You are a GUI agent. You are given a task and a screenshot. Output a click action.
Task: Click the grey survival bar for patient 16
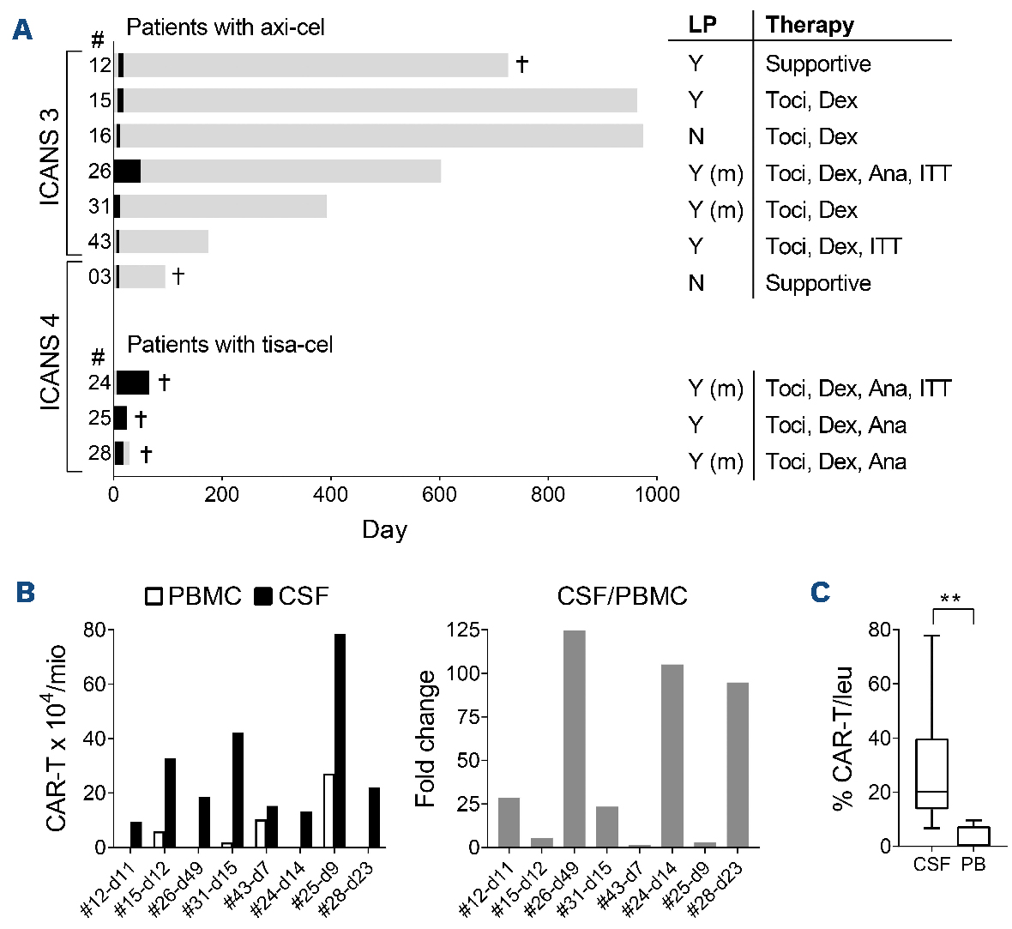pos(382,136)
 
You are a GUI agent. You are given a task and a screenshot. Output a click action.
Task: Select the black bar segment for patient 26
pos(128,172)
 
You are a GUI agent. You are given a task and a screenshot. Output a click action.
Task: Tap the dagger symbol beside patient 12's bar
pos(521,64)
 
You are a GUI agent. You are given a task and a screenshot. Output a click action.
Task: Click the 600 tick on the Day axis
pos(439,495)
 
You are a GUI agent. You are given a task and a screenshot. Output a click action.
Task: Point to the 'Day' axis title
pos(384,529)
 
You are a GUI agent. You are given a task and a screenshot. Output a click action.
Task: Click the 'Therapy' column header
pos(810,24)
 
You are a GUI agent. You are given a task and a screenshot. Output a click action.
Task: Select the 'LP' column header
pos(703,24)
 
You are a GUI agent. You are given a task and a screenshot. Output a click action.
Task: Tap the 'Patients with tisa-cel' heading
pos(230,345)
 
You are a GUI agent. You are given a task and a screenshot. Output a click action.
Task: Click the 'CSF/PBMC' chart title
pos(622,595)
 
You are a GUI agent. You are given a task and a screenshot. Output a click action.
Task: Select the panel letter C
pos(820,592)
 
